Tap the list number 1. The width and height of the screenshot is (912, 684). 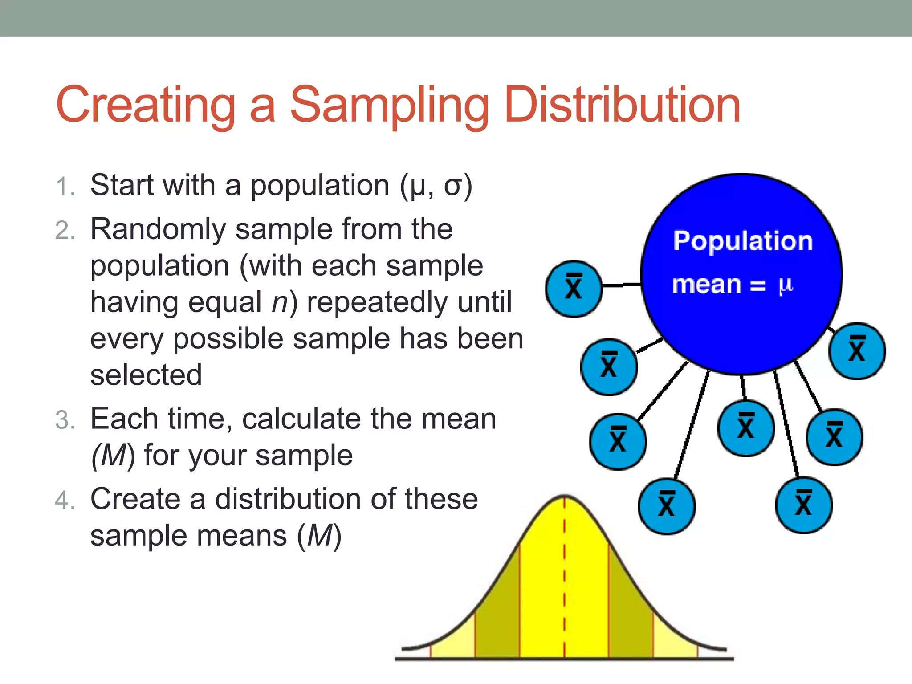[x=65, y=186]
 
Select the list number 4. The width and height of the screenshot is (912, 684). [x=65, y=500]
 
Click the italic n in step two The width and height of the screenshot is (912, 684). [x=281, y=303]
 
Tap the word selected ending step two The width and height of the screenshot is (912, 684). [x=146, y=375]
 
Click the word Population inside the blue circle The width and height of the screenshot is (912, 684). [x=743, y=241]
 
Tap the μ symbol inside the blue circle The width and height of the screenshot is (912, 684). [x=786, y=285]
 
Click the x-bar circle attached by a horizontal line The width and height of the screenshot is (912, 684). [x=574, y=289]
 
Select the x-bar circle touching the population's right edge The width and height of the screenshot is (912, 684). [x=857, y=351]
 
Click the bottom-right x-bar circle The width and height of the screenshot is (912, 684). [x=803, y=505]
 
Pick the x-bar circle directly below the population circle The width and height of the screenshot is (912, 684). [x=745, y=428]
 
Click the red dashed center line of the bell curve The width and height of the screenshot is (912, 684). [x=564, y=579]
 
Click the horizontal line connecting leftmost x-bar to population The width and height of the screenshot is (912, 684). [x=621, y=284]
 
